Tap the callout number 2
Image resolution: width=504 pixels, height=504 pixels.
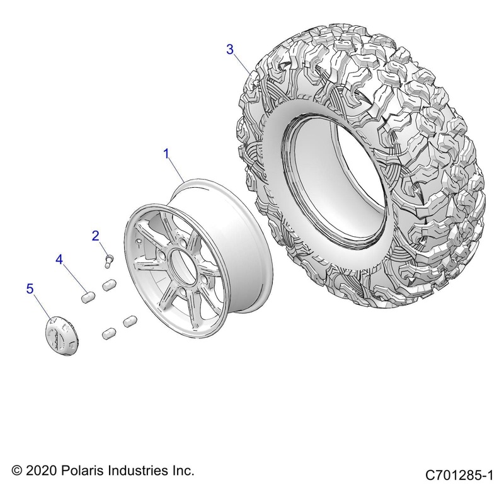point(96,236)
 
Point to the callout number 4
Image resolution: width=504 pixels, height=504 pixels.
point(76,260)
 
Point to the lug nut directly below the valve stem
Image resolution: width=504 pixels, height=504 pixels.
point(111,283)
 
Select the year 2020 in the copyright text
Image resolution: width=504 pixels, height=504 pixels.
point(39,471)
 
